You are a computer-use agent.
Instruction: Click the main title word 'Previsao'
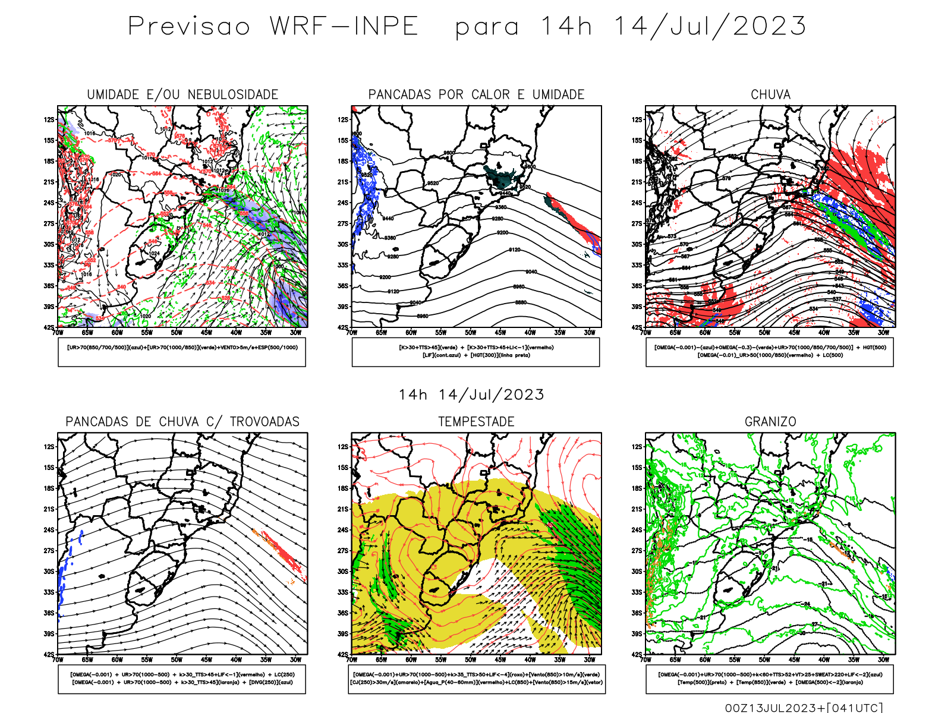coord(189,27)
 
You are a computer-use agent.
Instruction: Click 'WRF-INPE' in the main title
coord(344,27)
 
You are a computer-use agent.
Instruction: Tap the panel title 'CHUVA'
coord(770,94)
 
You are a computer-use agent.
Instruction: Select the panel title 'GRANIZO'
coord(770,422)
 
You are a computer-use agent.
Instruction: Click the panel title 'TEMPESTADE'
coord(476,422)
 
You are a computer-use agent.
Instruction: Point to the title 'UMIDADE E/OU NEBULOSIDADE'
coord(182,94)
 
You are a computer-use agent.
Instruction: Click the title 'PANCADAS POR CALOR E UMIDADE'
coord(476,94)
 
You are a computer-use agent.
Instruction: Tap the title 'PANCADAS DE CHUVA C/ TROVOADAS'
coord(182,422)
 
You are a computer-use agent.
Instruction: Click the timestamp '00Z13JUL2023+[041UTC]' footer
coord(804,708)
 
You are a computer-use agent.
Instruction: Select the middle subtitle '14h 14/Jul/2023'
coord(471,395)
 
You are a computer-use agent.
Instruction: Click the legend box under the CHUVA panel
coord(770,352)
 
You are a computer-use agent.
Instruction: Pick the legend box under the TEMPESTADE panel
coord(476,679)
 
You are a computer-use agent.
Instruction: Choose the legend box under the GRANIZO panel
coord(770,679)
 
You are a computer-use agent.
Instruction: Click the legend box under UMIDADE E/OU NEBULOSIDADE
coord(182,352)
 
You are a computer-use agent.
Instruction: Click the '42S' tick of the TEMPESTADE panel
coord(343,654)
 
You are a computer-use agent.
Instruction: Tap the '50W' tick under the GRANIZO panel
coord(764,660)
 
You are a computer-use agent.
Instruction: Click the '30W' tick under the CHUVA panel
coord(883,333)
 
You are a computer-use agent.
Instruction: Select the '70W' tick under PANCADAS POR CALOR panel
coord(352,333)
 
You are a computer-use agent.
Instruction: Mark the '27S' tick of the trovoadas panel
coord(49,551)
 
